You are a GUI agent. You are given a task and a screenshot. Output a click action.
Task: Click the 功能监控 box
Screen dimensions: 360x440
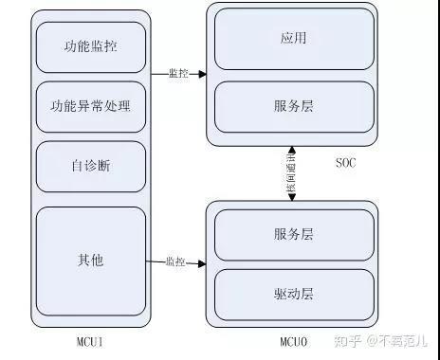coord(91,46)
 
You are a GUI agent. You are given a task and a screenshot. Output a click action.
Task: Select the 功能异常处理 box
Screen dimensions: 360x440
coord(91,105)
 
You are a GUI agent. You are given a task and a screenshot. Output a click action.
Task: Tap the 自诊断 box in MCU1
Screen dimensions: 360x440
coord(91,165)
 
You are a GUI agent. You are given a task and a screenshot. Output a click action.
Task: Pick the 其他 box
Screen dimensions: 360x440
coord(91,259)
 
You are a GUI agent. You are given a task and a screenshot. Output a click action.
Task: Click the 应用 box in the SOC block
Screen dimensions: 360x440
coord(293,40)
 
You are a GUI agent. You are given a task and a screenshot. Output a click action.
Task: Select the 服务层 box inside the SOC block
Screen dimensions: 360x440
coord(293,106)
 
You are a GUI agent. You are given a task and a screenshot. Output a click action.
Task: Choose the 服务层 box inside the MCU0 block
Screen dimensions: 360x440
coord(293,234)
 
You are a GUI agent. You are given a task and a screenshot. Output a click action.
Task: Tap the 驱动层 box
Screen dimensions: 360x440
coord(293,294)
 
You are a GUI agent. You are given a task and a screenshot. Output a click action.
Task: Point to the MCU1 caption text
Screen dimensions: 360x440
coord(92,338)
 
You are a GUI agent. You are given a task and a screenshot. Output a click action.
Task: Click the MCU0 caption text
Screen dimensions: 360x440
coord(292,338)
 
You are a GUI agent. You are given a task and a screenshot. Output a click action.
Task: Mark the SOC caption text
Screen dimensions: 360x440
coord(347,162)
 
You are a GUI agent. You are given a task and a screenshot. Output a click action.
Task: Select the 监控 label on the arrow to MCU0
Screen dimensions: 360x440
coord(174,261)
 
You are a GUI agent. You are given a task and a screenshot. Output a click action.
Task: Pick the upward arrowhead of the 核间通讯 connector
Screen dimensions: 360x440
coord(291,150)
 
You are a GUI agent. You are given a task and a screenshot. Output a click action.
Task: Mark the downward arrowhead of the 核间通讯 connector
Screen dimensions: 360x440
coord(291,197)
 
